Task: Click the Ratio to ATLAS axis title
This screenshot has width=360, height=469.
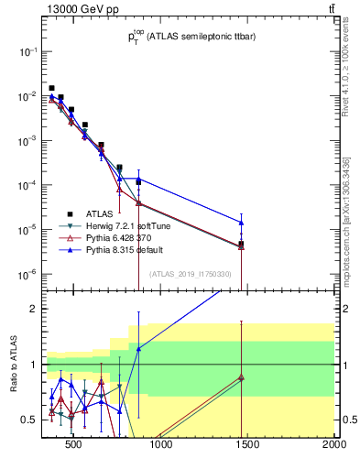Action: (13, 365)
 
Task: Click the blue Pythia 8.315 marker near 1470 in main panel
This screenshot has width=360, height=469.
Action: (241, 223)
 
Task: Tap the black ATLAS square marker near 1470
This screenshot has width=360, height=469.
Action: (241, 244)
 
